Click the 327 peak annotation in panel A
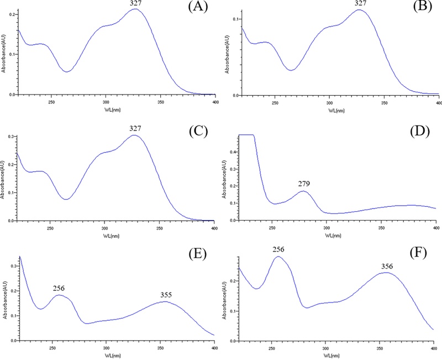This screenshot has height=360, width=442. click(x=135, y=4)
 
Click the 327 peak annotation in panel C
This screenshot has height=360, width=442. click(x=135, y=128)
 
